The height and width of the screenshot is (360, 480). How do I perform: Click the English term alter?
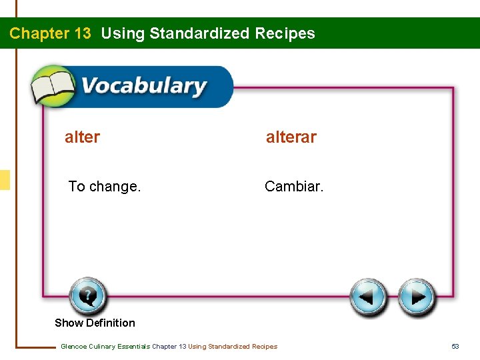pyautogui.click(x=82, y=137)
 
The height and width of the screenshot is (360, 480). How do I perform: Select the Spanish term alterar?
pyautogui.click(x=291, y=137)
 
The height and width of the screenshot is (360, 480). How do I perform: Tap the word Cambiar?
pyautogui.click(x=294, y=187)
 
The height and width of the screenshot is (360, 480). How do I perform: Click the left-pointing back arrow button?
pyautogui.click(x=369, y=297)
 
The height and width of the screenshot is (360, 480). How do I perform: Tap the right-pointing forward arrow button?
pyautogui.click(x=417, y=297)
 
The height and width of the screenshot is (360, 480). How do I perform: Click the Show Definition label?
pyautogui.click(x=95, y=323)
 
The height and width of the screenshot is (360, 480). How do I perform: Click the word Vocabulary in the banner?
pyautogui.click(x=144, y=87)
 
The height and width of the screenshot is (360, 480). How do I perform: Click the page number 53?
pyautogui.click(x=456, y=346)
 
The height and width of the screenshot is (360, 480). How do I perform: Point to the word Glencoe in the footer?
pyautogui.click(x=73, y=346)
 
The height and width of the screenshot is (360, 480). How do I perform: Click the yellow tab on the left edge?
pyautogui.click(x=5, y=180)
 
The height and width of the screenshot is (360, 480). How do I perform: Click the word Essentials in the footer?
pyautogui.click(x=135, y=346)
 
